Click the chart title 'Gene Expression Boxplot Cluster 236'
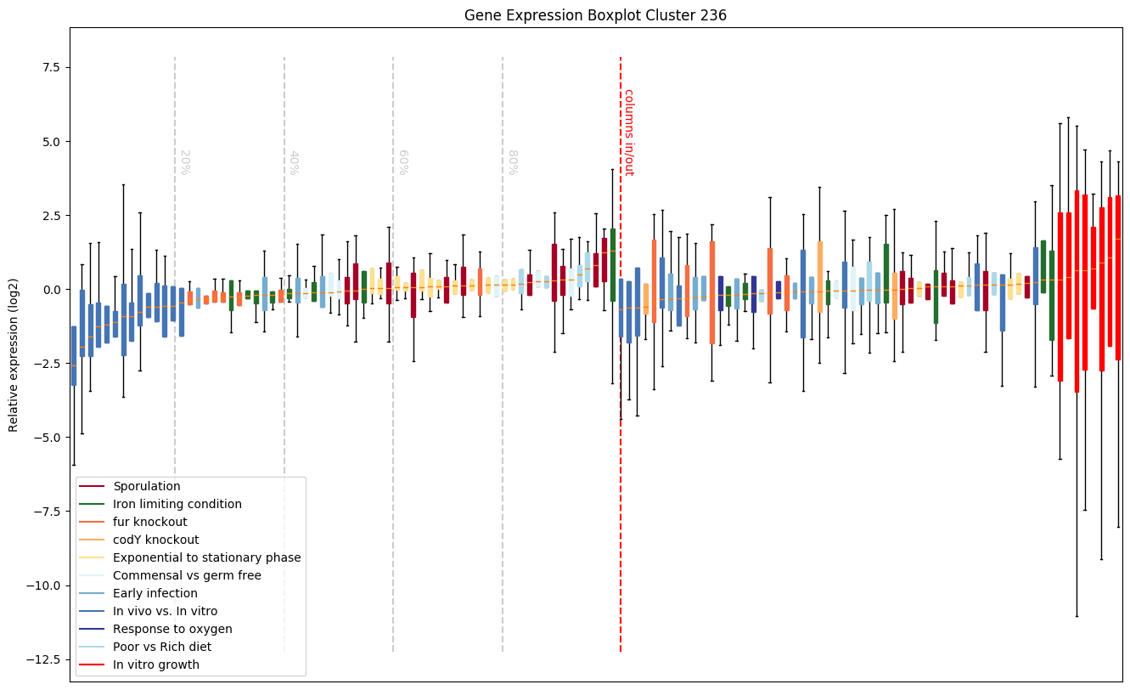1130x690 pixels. coord(595,15)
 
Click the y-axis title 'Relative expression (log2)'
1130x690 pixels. coord(14,354)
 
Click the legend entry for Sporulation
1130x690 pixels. coord(146,487)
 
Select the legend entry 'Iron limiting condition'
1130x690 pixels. coord(177,505)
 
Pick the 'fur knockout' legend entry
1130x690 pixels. coord(149,522)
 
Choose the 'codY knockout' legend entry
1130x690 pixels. coord(155,540)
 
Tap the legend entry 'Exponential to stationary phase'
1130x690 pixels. coord(206,557)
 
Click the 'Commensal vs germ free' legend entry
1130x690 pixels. coord(187,575)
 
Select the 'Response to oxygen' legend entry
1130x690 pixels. coord(171,629)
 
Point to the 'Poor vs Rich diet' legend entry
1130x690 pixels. coord(162,647)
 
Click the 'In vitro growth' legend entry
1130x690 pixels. coord(156,665)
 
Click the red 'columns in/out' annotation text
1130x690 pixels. coord(629,132)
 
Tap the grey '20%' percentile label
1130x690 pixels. coord(184,162)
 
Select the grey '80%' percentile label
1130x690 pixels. coord(512,162)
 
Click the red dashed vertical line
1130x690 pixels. coord(621,382)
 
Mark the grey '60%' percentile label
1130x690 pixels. coord(403,162)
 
